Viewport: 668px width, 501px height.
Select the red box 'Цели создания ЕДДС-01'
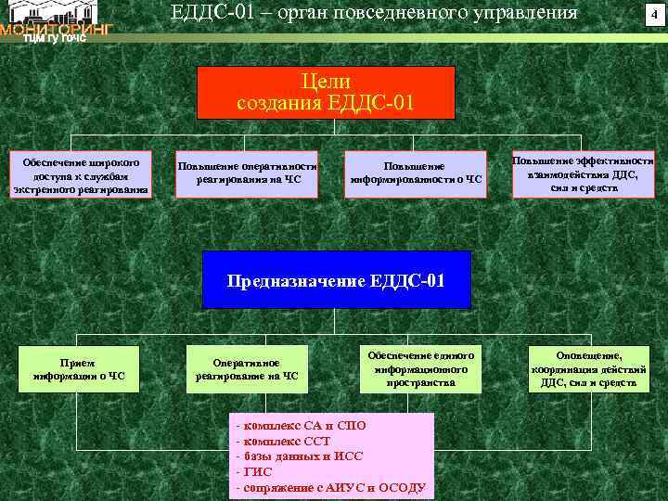coord(326,92)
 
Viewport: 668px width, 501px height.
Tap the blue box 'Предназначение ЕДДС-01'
coord(336,279)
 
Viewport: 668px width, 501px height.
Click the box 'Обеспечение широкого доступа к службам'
coord(80,175)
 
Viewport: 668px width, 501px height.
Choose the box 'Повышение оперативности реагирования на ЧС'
coord(248,173)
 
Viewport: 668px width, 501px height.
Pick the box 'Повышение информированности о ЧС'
coord(415,173)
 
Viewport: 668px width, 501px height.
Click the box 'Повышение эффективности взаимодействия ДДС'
coord(584,173)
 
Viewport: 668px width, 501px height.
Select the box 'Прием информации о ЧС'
coord(79,369)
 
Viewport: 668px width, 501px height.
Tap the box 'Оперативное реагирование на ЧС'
coord(247,369)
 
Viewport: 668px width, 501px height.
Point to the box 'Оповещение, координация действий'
coord(589,368)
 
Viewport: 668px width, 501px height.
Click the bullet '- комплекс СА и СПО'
coord(303,425)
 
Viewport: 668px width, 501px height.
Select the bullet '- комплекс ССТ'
coord(285,441)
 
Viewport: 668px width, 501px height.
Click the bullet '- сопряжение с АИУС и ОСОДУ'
coord(331,487)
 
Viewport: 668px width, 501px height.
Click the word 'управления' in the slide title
coord(527,13)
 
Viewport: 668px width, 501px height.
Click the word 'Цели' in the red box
coord(326,81)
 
